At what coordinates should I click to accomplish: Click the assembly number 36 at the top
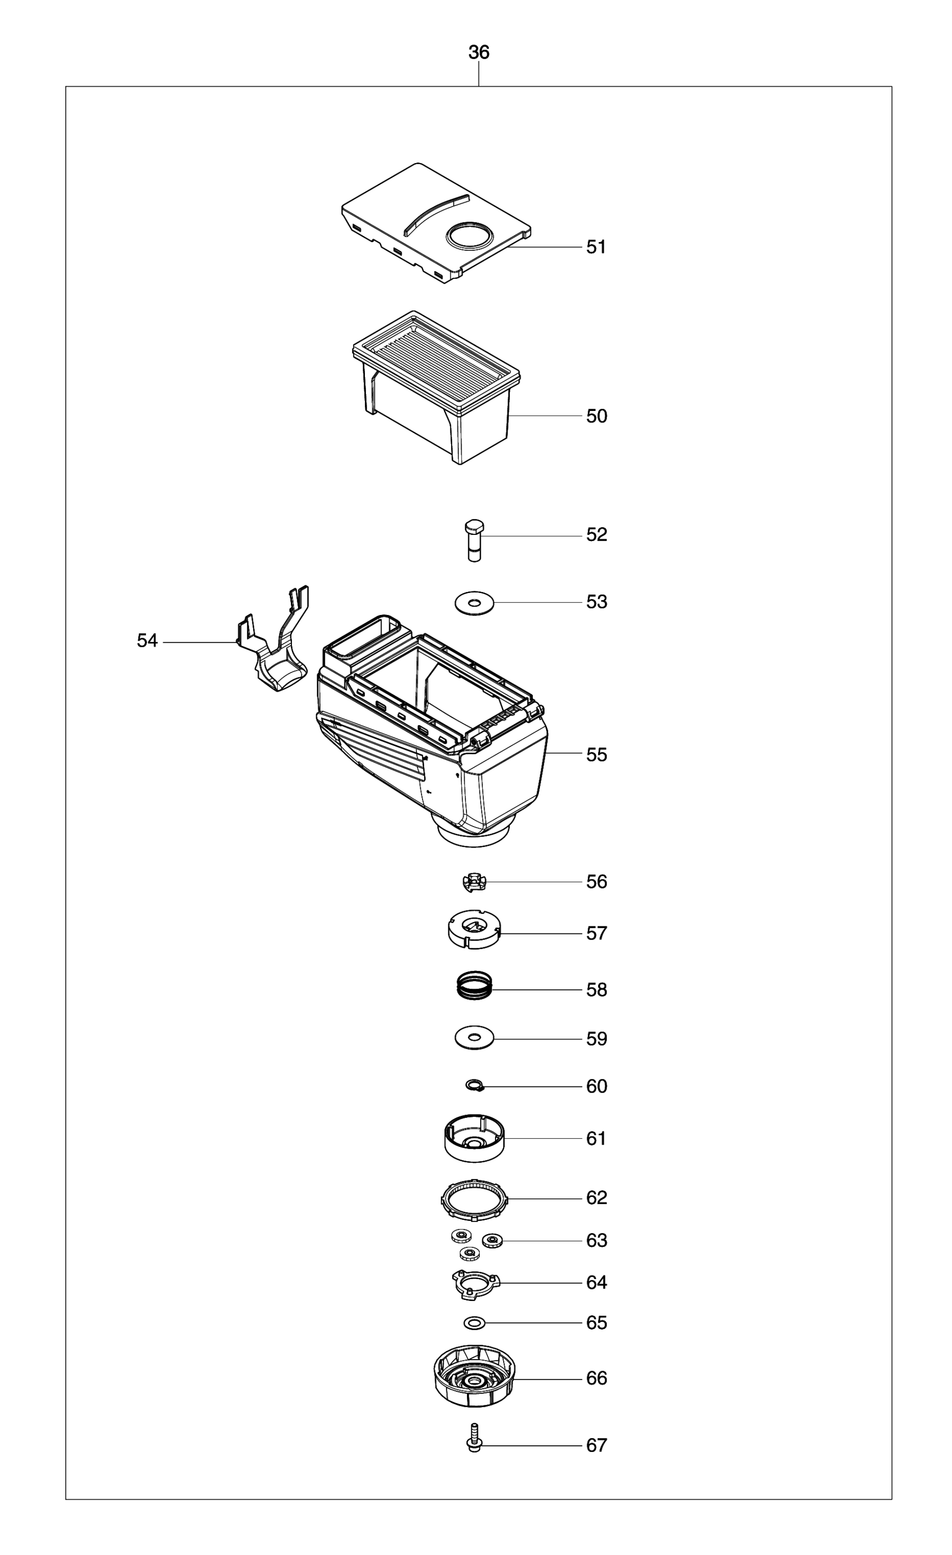478,52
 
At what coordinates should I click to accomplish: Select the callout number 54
147,641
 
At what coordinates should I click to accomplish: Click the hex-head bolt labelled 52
474,540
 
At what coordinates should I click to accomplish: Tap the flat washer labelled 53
474,603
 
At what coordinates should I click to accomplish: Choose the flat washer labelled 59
474,1038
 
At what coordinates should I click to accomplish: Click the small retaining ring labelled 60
474,1085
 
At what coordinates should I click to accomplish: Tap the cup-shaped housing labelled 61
474,1138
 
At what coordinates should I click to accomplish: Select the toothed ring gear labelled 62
474,1198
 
